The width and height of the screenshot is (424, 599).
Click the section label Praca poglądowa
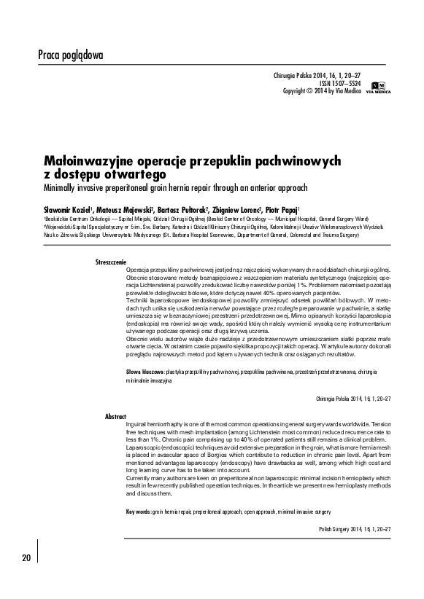70,55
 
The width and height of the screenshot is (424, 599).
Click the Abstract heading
115,415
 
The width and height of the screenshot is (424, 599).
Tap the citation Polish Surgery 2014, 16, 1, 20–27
355,529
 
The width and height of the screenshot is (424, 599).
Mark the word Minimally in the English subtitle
58,187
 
